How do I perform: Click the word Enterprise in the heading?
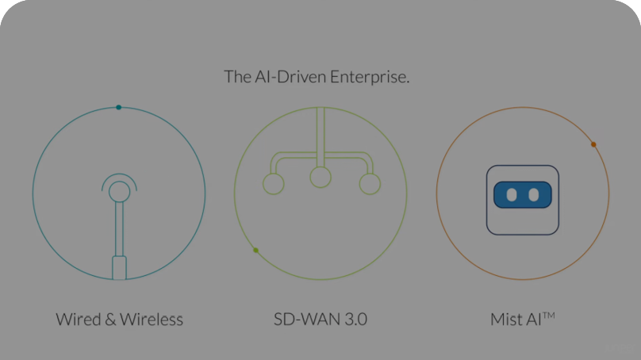(374, 77)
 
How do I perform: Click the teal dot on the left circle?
(118, 107)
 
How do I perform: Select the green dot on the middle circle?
(255, 251)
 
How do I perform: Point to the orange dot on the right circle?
(593, 144)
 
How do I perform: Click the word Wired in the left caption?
(77, 320)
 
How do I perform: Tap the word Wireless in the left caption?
(152, 320)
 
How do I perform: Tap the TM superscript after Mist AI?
(547, 316)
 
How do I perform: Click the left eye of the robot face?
(512, 194)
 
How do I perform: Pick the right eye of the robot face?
(534, 194)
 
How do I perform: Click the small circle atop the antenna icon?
(119, 190)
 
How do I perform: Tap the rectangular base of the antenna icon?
(119, 267)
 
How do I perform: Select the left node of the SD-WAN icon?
(273, 184)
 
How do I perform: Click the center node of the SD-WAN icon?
(320, 177)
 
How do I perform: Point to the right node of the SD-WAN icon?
(370, 184)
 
